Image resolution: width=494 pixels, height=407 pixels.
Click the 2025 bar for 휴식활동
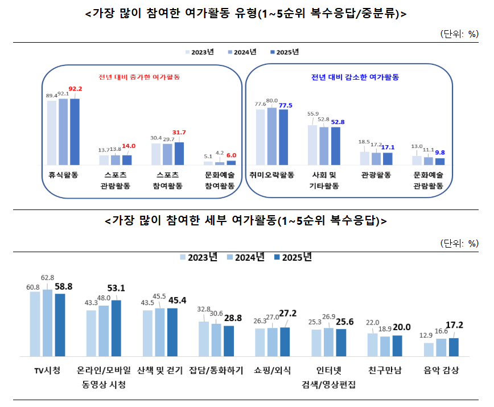click(75, 131)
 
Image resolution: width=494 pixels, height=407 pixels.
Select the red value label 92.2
click(75, 89)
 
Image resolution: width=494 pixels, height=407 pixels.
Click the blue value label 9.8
click(440, 153)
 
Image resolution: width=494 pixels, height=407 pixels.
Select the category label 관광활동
click(376, 175)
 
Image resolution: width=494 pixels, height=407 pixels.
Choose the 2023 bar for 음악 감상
click(429, 350)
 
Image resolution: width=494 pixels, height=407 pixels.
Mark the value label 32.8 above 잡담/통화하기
click(204, 310)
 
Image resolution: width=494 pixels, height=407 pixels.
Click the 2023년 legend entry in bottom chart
click(199, 257)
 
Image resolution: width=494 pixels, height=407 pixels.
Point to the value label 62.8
click(48, 278)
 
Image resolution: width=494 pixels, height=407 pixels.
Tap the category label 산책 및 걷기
click(160, 371)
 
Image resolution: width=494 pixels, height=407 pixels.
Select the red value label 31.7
click(179, 133)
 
